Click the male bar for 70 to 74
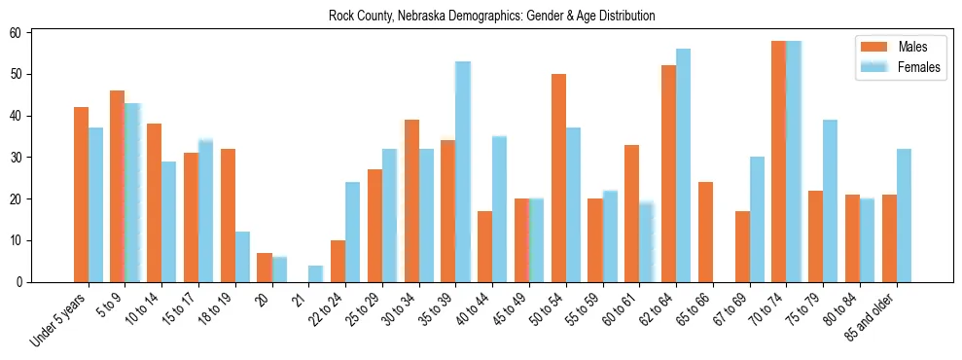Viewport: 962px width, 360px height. (779, 162)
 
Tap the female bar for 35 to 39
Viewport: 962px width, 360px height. (463, 172)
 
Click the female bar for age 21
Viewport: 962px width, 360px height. (316, 273)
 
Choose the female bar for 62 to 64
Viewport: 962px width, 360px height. (684, 165)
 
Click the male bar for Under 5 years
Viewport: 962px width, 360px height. (81, 195)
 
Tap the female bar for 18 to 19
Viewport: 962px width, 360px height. (242, 257)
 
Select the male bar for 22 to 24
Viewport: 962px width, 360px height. (338, 261)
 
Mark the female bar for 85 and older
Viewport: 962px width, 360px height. (904, 215)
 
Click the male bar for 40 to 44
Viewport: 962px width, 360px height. (484, 246)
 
